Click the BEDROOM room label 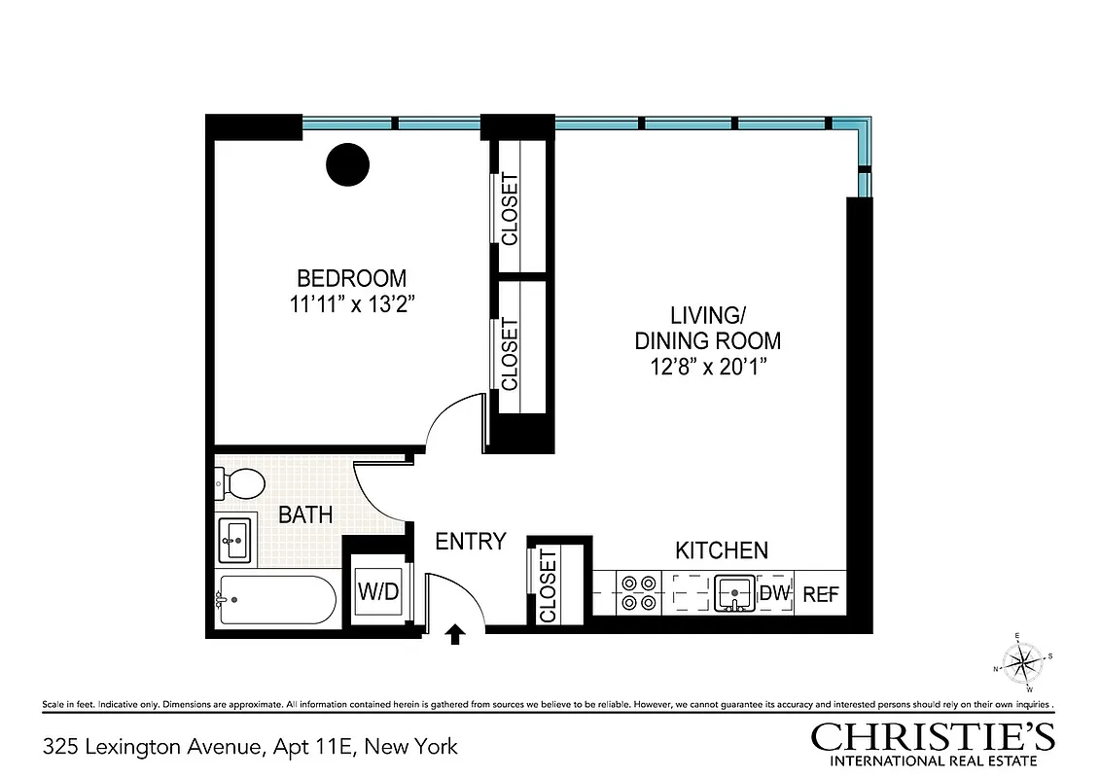[x=351, y=278]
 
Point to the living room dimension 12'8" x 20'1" [x=707, y=368]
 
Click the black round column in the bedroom [x=347, y=164]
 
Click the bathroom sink [x=234, y=539]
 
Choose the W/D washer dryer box [x=378, y=591]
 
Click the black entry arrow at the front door [x=454, y=634]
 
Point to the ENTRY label [x=470, y=542]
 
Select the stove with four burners [x=639, y=592]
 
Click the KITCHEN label [x=721, y=550]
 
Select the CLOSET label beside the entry [x=548, y=585]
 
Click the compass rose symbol [x=1021, y=663]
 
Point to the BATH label [x=305, y=514]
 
